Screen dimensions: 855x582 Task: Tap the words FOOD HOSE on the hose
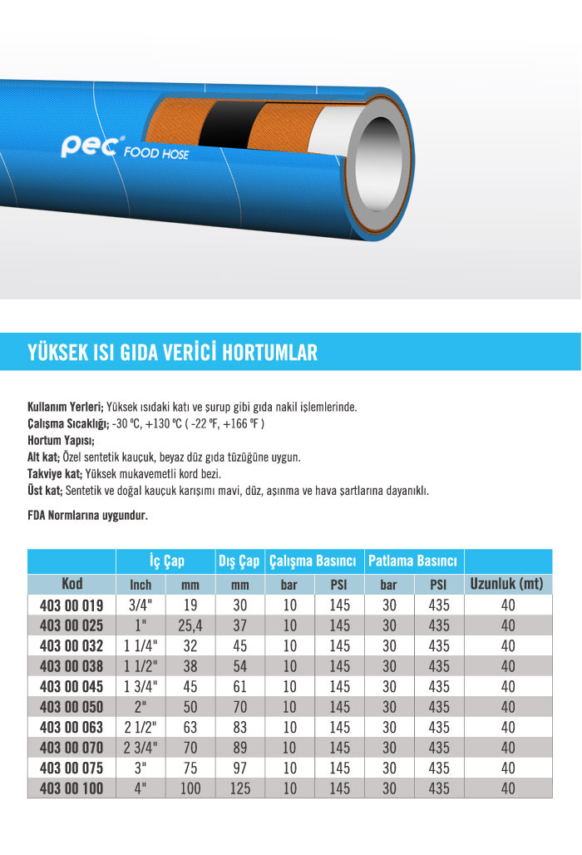pyautogui.click(x=156, y=154)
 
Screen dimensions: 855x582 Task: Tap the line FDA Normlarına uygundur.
pyautogui.click(x=87, y=516)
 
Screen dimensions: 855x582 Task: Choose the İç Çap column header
pyautogui.click(x=166, y=561)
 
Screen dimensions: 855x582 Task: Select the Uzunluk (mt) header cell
pyautogui.click(x=506, y=583)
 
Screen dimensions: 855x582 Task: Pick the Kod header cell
pyautogui.click(x=72, y=583)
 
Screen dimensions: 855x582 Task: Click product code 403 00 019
pyautogui.click(x=72, y=605)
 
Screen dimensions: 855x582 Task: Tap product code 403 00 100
pyautogui.click(x=72, y=788)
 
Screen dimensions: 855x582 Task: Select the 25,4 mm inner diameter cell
pyautogui.click(x=190, y=626)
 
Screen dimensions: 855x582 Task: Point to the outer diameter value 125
pyautogui.click(x=239, y=788)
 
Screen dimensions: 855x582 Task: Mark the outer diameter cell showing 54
pyautogui.click(x=239, y=666)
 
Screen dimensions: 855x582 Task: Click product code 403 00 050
pyautogui.click(x=72, y=707)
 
